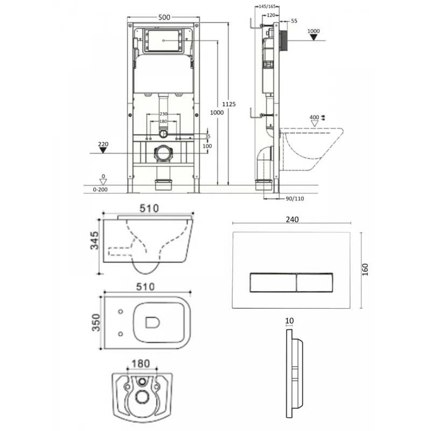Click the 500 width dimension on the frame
point(164,17)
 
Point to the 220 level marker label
point(104,144)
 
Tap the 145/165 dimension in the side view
point(267,6)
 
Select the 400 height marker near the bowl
point(315,117)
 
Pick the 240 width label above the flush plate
point(293,219)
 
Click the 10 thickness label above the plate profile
point(289,321)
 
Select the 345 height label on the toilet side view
point(94,244)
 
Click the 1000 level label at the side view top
point(314,31)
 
